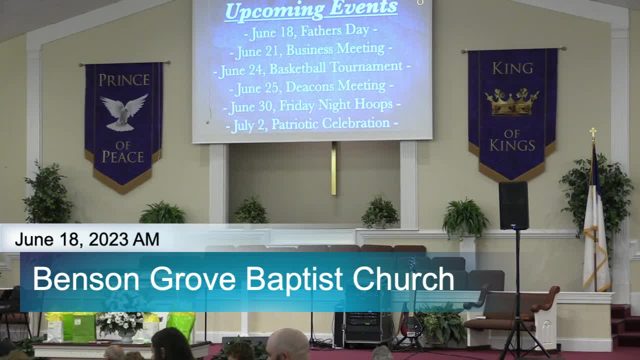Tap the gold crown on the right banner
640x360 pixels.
[512, 102]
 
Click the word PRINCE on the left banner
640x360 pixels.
[124, 80]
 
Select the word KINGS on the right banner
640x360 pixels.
[512, 145]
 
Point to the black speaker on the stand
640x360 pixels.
[513, 205]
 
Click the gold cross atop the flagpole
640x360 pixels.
[593, 133]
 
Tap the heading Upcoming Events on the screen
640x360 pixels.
[311, 10]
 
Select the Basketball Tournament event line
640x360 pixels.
[312, 68]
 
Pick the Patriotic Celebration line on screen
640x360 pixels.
[312, 124]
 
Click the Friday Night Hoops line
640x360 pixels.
[311, 106]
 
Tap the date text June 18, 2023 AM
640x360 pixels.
[87, 239]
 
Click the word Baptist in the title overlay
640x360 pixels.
[294, 279]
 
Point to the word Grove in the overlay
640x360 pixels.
[192, 278]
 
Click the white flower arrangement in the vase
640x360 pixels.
[120, 323]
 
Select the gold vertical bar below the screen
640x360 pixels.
[333, 168]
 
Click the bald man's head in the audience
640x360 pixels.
[287, 344]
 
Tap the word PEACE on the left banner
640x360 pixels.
[123, 157]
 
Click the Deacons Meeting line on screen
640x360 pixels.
[311, 87]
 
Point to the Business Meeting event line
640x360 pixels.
[311, 50]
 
